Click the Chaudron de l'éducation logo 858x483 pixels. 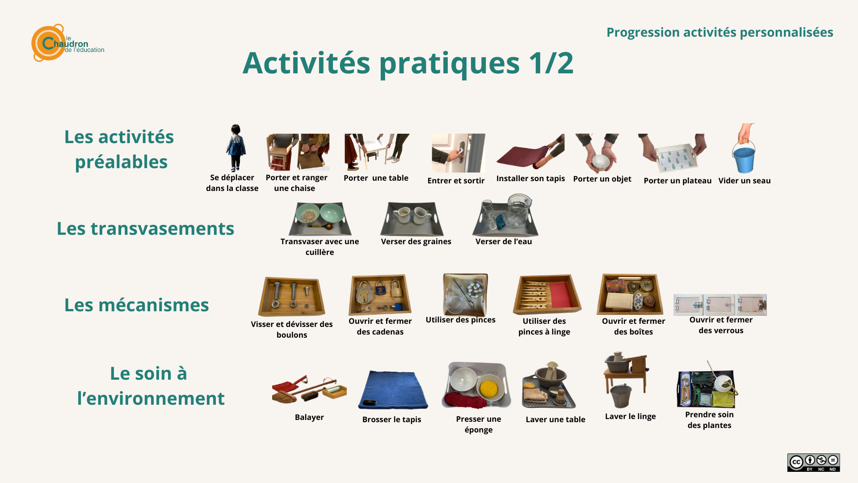[x=67, y=43]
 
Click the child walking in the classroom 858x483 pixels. [x=236, y=148]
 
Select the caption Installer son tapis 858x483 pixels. [x=530, y=178]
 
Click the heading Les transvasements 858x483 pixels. [x=145, y=229]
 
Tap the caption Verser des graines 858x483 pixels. [x=416, y=241]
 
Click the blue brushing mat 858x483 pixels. [x=393, y=390]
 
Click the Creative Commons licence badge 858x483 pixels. [x=813, y=462]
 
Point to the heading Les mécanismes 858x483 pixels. [x=136, y=305]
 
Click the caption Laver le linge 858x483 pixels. [x=630, y=416]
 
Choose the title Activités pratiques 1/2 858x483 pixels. [x=408, y=63]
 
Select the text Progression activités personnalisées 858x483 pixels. [x=719, y=32]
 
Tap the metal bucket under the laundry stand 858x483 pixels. [x=621, y=396]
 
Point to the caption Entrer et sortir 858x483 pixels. [x=456, y=181]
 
